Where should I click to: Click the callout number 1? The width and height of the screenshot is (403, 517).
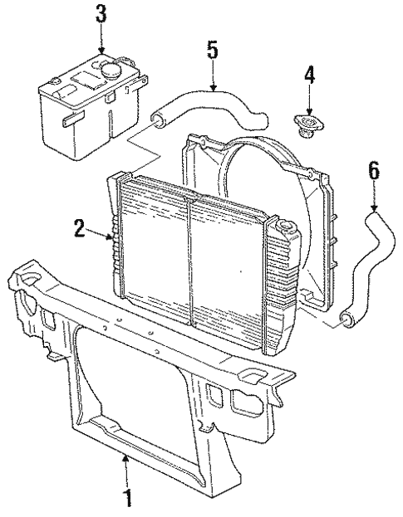pos(127,499)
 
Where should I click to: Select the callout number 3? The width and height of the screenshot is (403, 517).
pos(101,14)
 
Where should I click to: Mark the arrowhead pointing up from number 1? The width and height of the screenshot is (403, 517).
pos(126,457)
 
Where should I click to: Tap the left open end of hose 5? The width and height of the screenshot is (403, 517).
pos(156,122)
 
